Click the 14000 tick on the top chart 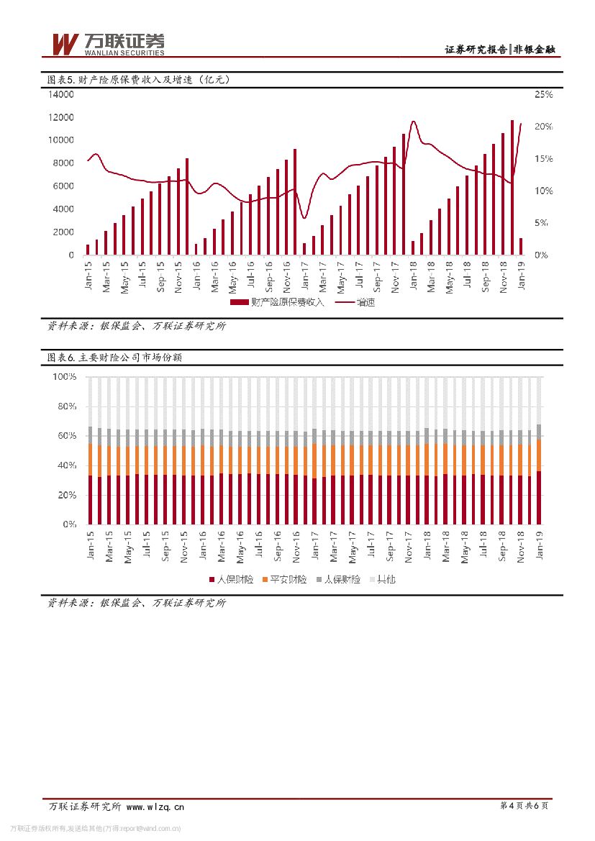(x=60, y=94)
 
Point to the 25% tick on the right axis (x=543, y=95)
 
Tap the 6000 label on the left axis (x=63, y=186)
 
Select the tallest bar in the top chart (x=512, y=187)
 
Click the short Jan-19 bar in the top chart (x=521, y=246)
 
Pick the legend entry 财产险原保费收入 (x=278, y=302)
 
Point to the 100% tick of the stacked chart (x=65, y=376)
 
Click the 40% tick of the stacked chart (x=67, y=465)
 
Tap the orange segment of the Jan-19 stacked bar (x=540, y=455)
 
